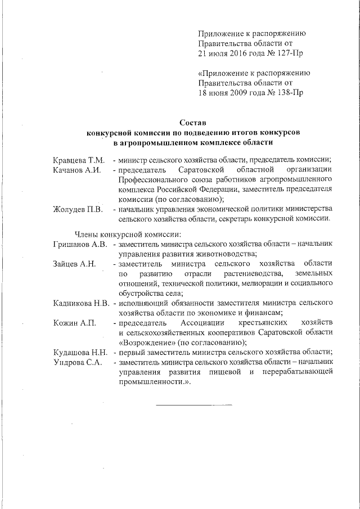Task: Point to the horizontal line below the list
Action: (193, 404)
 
